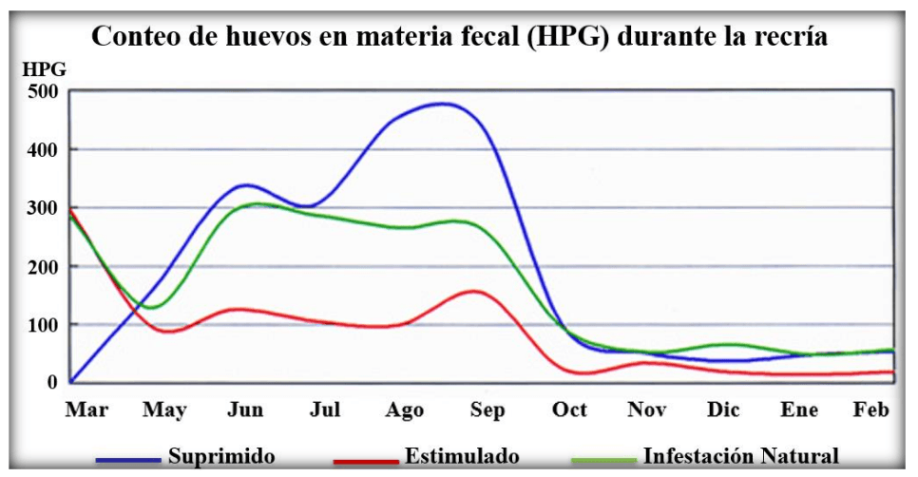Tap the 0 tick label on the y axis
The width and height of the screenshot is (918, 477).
[53, 383]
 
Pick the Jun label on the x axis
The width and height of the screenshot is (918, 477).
[245, 410]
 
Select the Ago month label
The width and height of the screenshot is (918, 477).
[404, 410]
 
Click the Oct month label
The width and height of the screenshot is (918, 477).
[569, 410]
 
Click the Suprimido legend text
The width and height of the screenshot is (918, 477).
[221, 455]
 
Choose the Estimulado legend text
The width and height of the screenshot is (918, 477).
[462, 455]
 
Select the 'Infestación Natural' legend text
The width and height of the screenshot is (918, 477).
[741, 455]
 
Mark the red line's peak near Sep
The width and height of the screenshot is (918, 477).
[473, 292]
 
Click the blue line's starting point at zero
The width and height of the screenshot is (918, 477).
[71, 382]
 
